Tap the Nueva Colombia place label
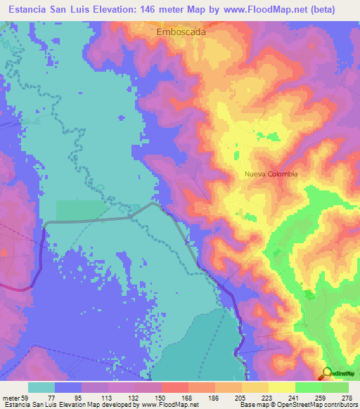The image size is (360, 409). [271, 174]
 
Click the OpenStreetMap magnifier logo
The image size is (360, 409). [328, 372]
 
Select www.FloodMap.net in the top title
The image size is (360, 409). [266, 9]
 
